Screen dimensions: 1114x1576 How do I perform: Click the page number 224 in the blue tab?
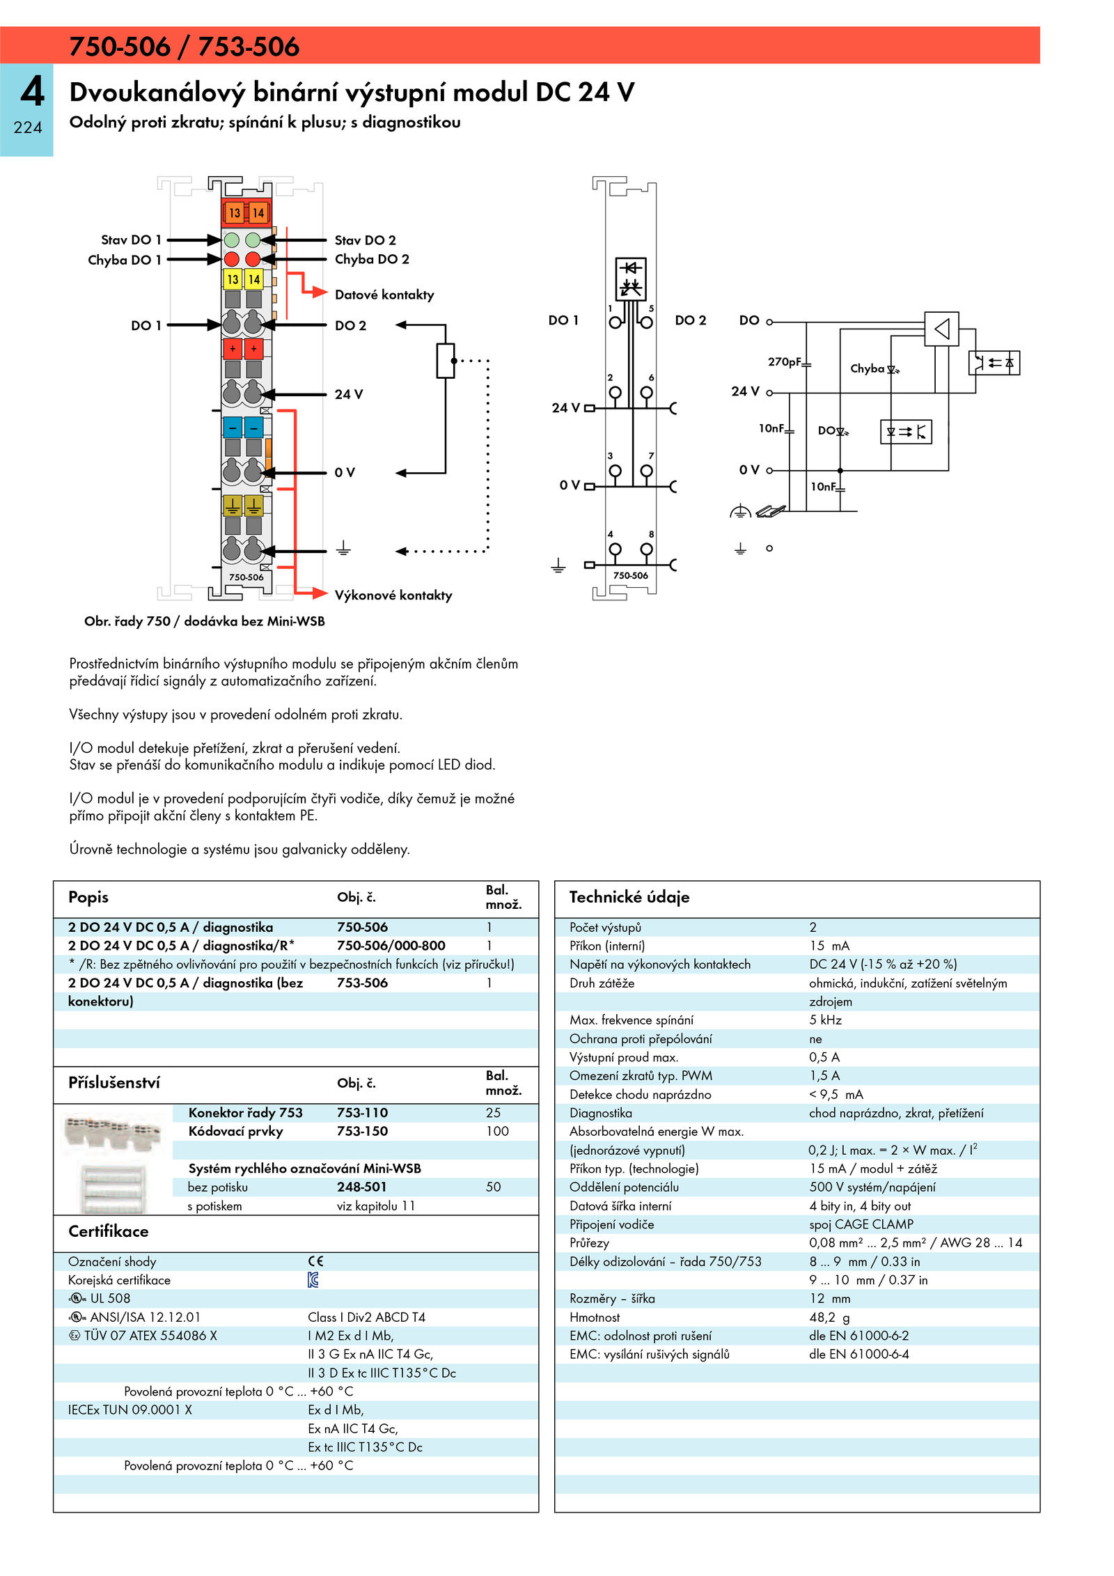coord(28,127)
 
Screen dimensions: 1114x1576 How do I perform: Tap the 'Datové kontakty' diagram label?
coord(384,295)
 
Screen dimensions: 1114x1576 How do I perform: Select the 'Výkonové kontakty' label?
coord(393,595)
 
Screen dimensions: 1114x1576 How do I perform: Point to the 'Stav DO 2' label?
coord(366,240)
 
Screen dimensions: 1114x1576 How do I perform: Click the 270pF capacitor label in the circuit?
coord(785,361)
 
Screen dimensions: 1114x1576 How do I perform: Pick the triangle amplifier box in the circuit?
coord(941,329)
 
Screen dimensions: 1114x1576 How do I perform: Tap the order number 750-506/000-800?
coord(391,946)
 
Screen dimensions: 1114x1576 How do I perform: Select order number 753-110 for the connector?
coord(363,1113)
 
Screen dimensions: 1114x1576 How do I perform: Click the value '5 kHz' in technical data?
coord(826,1020)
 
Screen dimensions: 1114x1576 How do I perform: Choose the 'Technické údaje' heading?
coord(629,897)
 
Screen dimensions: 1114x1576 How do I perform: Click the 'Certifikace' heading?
coord(109,1231)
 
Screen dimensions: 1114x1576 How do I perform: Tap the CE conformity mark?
coord(316,1261)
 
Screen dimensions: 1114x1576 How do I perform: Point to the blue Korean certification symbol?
coord(313,1280)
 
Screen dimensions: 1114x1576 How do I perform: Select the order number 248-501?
coord(362,1187)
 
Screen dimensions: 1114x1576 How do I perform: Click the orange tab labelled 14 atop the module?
coord(258,212)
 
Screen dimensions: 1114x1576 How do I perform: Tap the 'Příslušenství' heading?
coord(114,1083)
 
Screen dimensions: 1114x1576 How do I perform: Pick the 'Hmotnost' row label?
coord(595,1318)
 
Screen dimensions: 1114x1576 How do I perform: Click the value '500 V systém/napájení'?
coord(872,1187)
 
